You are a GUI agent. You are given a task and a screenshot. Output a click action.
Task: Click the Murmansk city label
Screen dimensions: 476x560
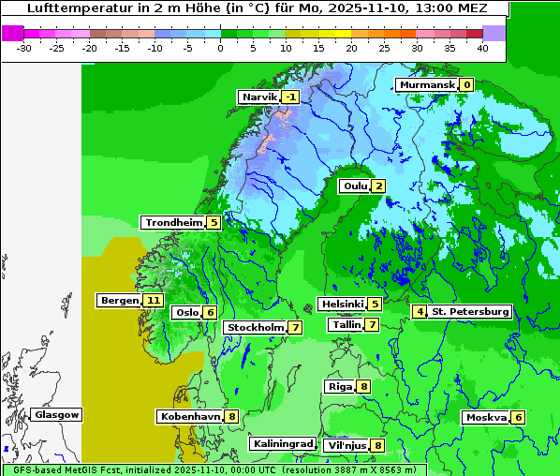[427, 84]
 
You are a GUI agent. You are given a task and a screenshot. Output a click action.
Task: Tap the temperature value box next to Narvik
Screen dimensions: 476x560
[291, 97]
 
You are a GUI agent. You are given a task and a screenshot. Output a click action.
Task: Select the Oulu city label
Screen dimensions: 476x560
[354, 186]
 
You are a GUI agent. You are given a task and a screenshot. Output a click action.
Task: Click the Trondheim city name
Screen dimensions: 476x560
[173, 222]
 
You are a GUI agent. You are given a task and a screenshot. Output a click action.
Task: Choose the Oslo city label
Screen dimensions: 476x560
[186, 312]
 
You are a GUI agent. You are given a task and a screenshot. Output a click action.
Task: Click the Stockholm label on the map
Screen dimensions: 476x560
[255, 327]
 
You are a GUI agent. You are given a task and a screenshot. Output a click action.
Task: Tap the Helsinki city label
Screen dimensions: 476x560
[342, 304]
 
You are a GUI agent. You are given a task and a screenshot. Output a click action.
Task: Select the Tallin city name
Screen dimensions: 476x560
[346, 324]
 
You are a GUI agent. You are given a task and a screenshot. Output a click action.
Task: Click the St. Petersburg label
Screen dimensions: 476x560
[470, 311]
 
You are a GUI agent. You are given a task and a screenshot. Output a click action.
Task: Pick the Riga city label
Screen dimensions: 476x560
[340, 386]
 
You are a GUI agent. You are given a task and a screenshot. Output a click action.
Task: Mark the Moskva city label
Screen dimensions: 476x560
[487, 417]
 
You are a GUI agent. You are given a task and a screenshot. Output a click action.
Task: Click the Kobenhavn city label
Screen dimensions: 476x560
[189, 415]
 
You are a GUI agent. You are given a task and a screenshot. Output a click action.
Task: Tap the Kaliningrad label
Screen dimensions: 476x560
[282, 443]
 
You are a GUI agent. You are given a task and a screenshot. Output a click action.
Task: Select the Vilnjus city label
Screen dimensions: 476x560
[346, 445]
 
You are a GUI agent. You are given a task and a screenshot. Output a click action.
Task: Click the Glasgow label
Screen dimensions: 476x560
[57, 414]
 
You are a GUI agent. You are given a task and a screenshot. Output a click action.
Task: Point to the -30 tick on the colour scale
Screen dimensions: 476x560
[24, 47]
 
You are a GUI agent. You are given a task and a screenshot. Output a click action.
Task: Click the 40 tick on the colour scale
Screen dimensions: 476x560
[482, 47]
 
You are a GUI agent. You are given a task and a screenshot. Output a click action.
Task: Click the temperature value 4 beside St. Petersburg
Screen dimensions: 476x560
[420, 311]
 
